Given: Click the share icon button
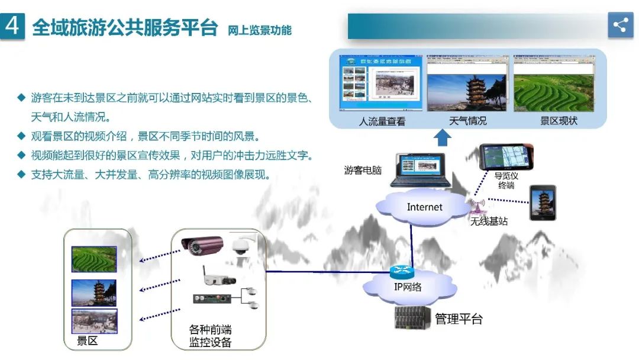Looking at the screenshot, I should pyautogui.click(x=620, y=25).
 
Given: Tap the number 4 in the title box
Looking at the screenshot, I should pyautogui.click(x=13, y=27).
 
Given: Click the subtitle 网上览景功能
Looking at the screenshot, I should pyautogui.click(x=260, y=30).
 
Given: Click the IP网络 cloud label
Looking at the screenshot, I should pyautogui.click(x=408, y=287).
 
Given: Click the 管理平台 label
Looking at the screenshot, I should pyautogui.click(x=459, y=319).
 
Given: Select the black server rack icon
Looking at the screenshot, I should pyautogui.click(x=412, y=318).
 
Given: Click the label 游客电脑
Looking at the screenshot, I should pyautogui.click(x=363, y=171).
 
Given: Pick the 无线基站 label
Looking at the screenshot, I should pyautogui.click(x=489, y=221).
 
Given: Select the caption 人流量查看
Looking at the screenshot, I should pyautogui.click(x=382, y=121).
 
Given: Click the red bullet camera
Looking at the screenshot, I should pyautogui.click(x=202, y=244).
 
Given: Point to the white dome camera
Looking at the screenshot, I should pyautogui.click(x=241, y=246).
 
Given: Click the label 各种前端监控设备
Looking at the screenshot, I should pyautogui.click(x=210, y=336).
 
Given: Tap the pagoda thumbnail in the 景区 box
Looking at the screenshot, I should pyautogui.click(x=94, y=292).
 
